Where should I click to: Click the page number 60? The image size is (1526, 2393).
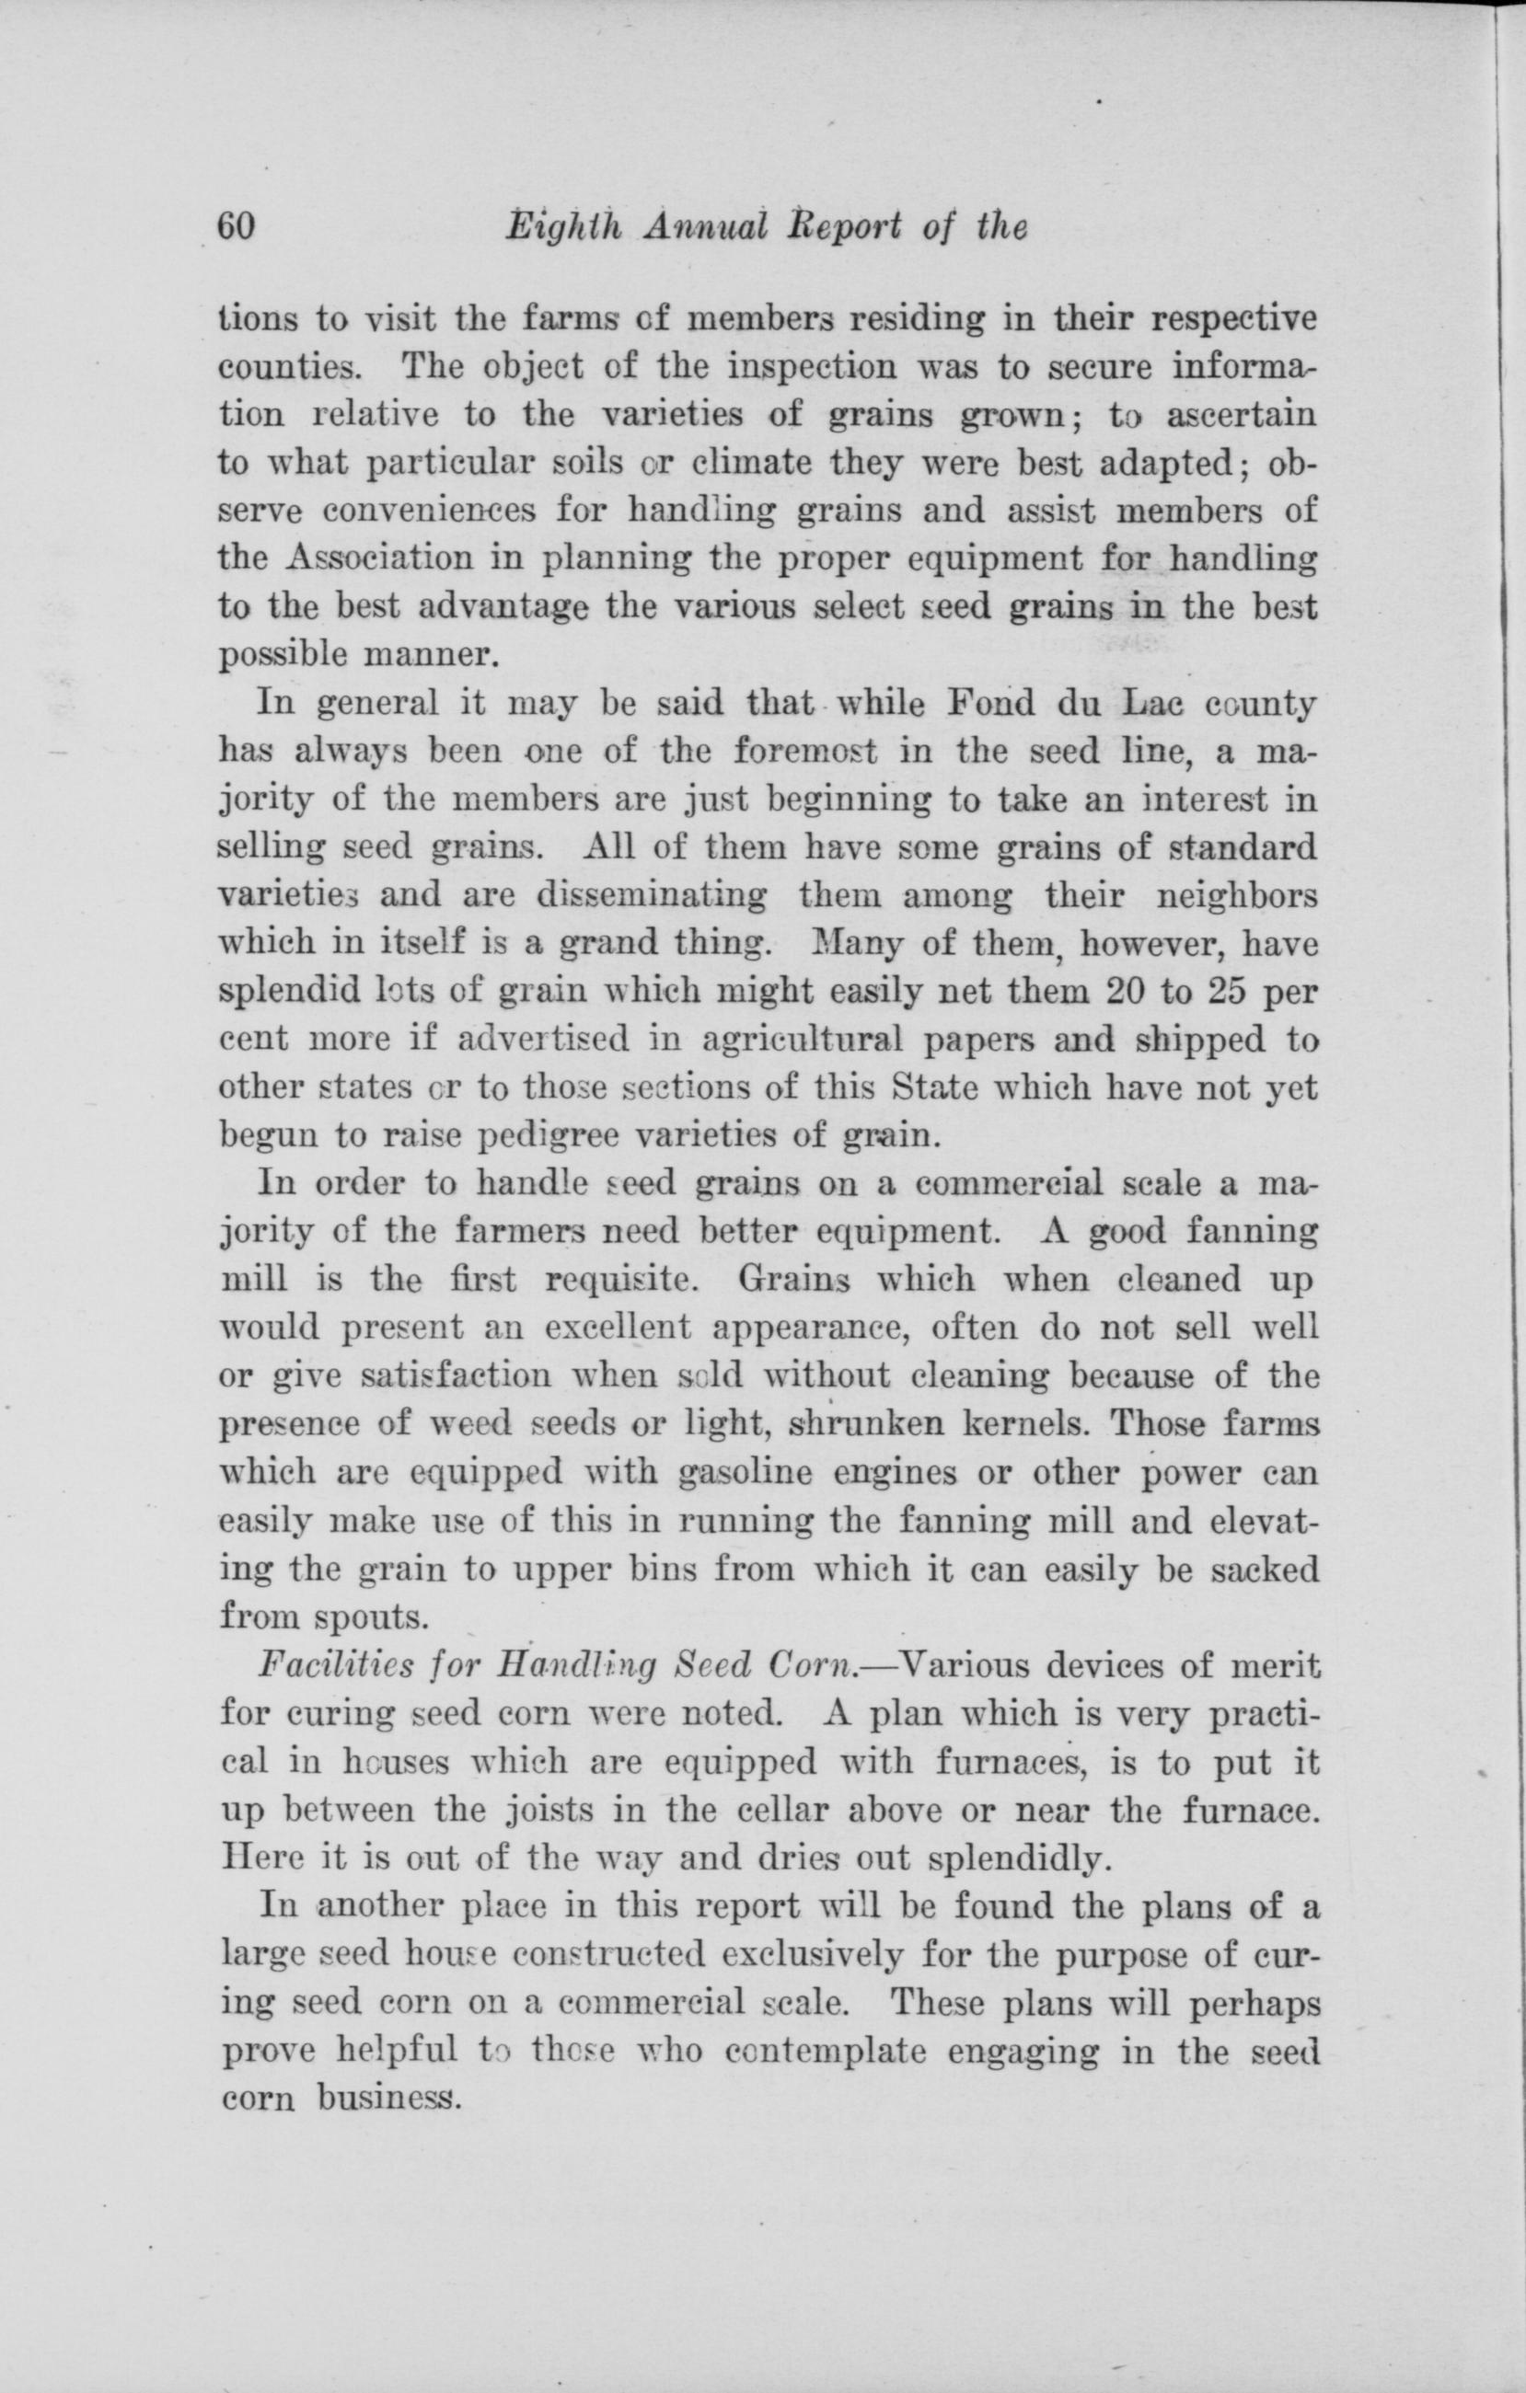(237, 226)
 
